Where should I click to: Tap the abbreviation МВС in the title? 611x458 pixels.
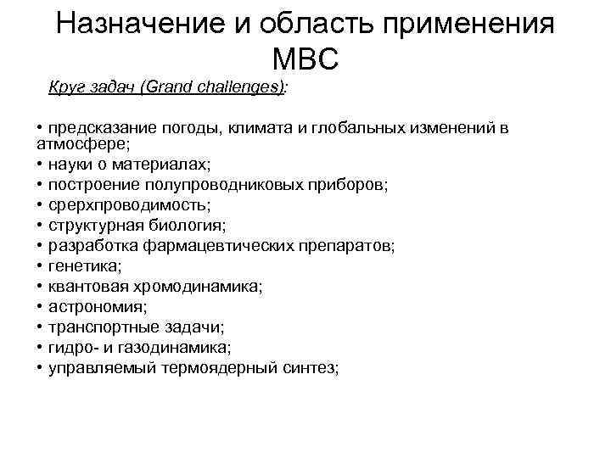pyautogui.click(x=306, y=59)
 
